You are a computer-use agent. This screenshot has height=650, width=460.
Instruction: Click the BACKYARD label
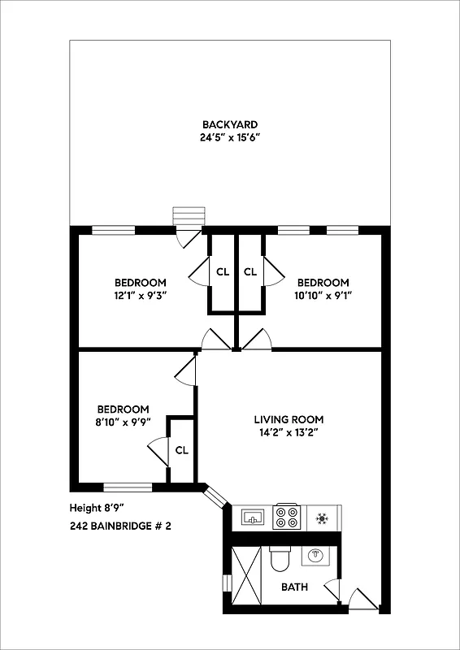[230, 124]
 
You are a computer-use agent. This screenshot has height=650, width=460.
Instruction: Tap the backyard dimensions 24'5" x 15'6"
[230, 138]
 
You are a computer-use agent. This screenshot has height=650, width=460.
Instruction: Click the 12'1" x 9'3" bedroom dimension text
[141, 297]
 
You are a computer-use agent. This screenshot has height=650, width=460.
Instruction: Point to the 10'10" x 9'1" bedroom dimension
[323, 297]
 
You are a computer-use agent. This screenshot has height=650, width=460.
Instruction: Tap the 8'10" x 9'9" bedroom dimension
[123, 422]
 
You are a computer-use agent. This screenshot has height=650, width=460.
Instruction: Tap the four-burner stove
[285, 517]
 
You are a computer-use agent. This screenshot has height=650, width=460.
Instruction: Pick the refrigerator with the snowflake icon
[322, 517]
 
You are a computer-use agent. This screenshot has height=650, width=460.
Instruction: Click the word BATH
[294, 587]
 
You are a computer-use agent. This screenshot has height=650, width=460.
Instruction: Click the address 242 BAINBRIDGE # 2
[120, 526]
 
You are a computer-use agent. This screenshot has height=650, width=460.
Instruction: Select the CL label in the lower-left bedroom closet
[182, 449]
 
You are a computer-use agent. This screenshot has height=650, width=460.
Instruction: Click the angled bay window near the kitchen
[217, 497]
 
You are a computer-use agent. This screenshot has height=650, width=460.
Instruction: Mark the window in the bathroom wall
[227, 584]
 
